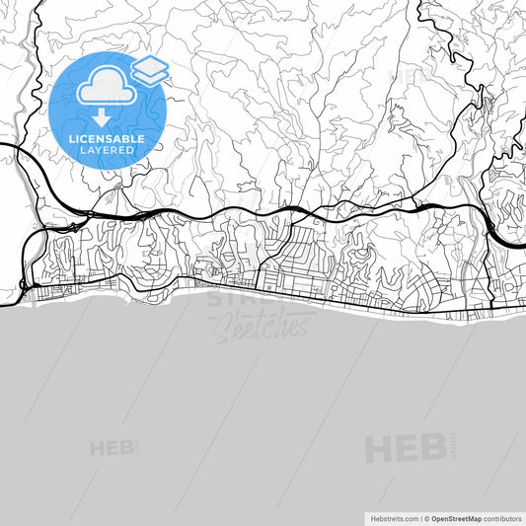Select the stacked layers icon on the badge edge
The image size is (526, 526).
click(150, 70)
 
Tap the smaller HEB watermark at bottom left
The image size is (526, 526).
click(113, 448)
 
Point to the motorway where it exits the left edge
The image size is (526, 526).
click(4, 145)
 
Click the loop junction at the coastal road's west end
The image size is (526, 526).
click(24, 286)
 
